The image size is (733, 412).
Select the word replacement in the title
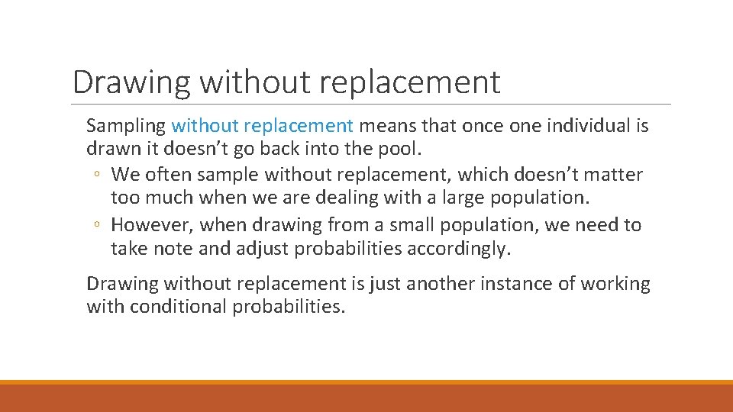tap(410, 82)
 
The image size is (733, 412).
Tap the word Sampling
tap(126, 126)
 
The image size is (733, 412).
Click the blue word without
tap(204, 125)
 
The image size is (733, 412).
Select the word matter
tap(612, 175)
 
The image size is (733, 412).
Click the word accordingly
tap(467, 249)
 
